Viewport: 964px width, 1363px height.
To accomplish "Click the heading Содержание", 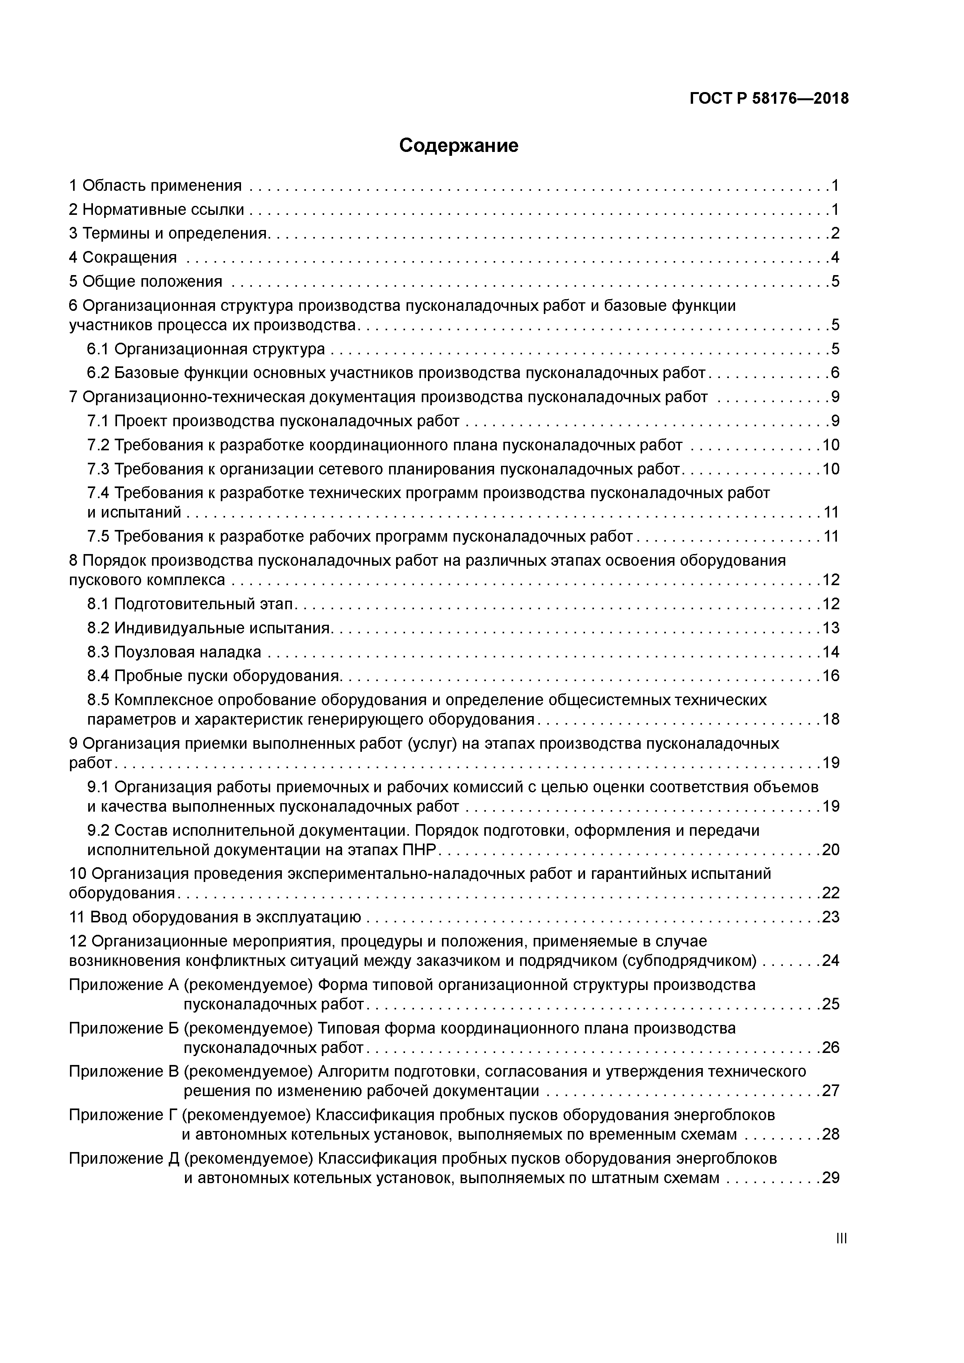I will pyautogui.click(x=459, y=145).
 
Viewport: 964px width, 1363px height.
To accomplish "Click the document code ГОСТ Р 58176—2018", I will pyautogui.click(x=769, y=99).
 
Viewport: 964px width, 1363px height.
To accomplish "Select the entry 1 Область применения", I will pyautogui.click(x=155, y=186).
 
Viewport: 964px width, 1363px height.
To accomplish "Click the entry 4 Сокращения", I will pyautogui.click(x=123, y=258).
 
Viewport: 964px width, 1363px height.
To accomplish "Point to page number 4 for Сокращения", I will pyautogui.click(x=835, y=258).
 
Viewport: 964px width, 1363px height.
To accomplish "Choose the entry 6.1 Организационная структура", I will pyautogui.click(x=206, y=349).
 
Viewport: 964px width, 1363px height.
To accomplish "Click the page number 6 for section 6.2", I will pyautogui.click(x=835, y=373).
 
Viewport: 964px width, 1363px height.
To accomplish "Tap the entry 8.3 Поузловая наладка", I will pyautogui.click(x=174, y=652).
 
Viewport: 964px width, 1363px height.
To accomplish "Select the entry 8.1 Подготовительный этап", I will pyautogui.click(x=190, y=604).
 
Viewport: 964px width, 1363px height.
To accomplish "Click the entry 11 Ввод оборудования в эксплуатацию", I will pyautogui.click(x=215, y=917).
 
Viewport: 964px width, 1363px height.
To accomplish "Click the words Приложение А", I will pyautogui.click(x=124, y=985).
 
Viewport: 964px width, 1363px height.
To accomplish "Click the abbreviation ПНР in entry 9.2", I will pyautogui.click(x=419, y=850).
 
